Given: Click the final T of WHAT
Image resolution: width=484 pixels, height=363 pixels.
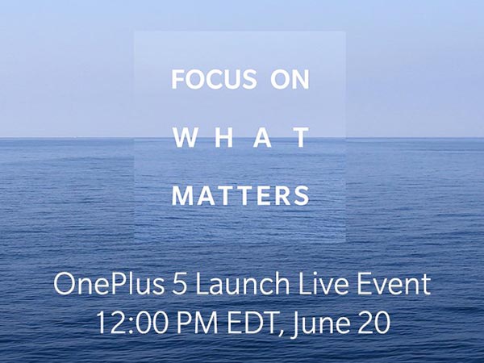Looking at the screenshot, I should pos(300,139).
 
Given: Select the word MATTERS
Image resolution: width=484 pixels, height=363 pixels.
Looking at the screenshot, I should pos(241,196).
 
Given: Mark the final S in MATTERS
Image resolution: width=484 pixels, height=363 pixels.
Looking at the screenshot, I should pos(302,196).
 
